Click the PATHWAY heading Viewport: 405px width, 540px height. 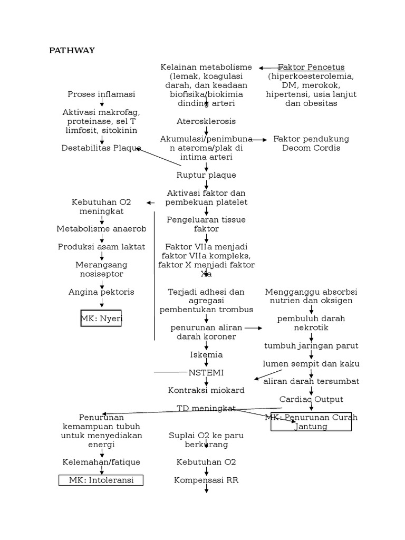(72, 51)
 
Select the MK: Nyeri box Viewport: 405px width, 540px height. (101, 319)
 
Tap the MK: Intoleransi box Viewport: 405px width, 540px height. (101, 480)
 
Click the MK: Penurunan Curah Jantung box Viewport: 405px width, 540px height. (311, 422)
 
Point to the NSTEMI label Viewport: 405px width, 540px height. (206, 372)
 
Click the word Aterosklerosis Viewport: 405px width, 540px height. (206, 121)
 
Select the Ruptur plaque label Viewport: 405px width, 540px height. (206, 175)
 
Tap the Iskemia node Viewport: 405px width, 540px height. (206, 354)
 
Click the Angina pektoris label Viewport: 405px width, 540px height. (101, 292)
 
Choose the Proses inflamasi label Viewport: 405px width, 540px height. (101, 94)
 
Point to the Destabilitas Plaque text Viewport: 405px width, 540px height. (101, 148)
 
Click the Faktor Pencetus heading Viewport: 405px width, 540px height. (311, 67)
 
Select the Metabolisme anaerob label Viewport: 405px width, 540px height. (101, 229)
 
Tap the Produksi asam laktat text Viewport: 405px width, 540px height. (101, 247)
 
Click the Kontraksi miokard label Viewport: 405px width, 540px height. (206, 390)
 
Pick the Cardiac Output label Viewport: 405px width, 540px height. (311, 399)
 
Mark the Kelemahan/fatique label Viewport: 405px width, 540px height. (101, 462)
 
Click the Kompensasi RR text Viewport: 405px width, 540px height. (206, 480)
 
